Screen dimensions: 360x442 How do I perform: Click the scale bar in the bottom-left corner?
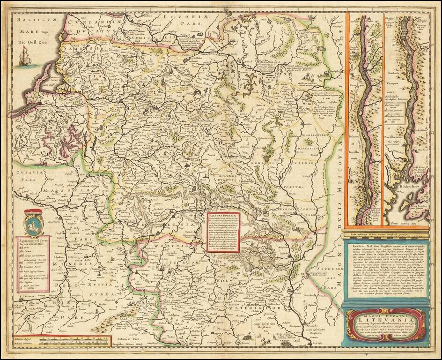[70, 341]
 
